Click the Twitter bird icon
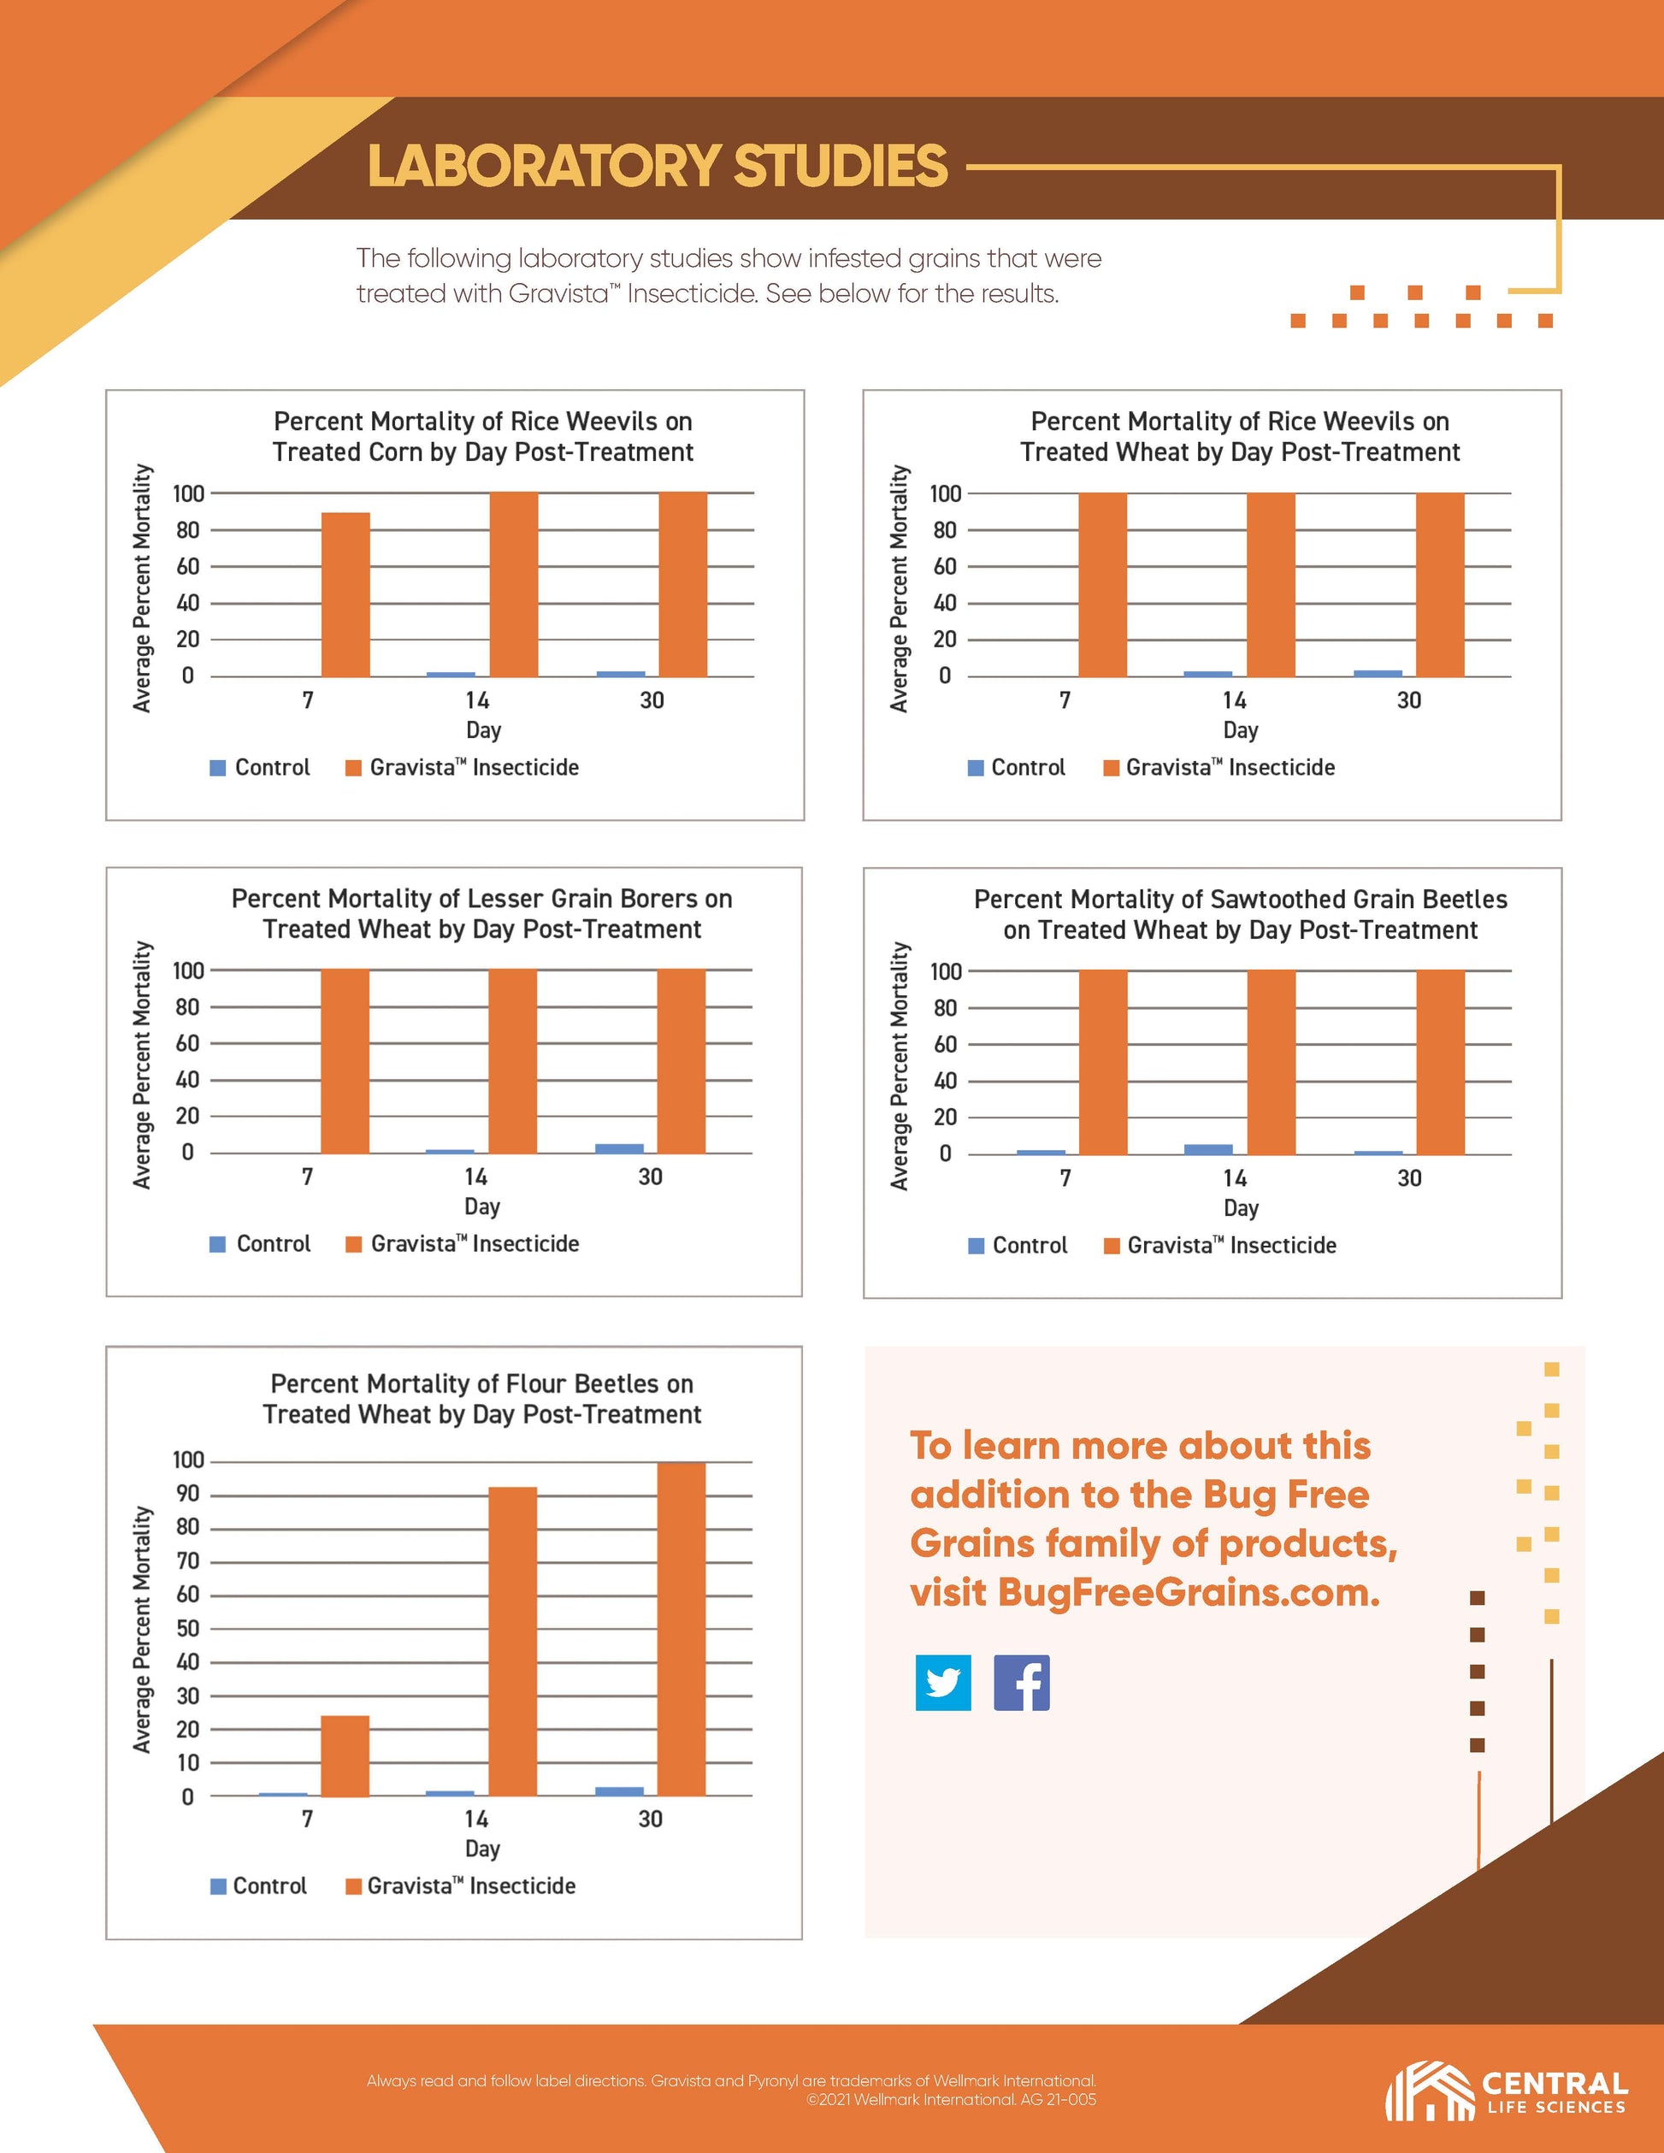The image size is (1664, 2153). [942, 1683]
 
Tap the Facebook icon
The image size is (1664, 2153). [1021, 1683]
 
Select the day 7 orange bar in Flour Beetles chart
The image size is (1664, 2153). [345, 1755]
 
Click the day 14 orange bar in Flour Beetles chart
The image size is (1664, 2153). [512, 1642]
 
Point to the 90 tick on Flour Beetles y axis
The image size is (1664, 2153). [187, 1494]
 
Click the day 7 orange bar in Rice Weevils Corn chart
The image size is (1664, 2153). [345, 594]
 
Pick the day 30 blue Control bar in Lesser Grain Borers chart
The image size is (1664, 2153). [619, 1148]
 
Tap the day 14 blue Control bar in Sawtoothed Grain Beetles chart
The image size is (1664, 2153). [1207, 1149]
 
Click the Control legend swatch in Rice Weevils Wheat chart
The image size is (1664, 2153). [976, 768]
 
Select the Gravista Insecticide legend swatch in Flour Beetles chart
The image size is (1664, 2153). [354, 1886]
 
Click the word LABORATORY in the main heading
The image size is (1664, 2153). [543, 166]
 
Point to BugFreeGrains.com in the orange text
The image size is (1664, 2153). [1188, 1593]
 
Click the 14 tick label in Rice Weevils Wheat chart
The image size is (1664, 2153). [1234, 701]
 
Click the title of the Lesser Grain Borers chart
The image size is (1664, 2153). [482, 914]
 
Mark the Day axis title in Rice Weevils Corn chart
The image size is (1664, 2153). [483, 730]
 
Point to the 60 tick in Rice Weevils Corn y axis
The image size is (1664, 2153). [187, 567]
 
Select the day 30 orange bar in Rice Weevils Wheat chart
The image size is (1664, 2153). [1439, 585]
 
